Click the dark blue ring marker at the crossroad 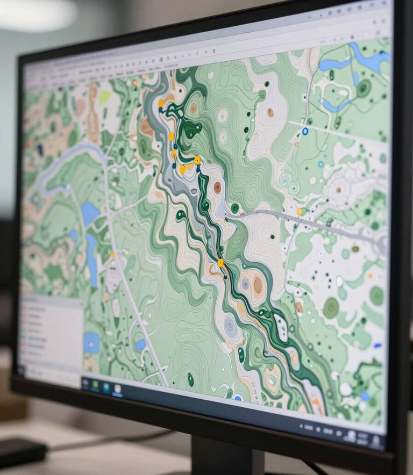(305, 131)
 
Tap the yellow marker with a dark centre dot (197, 160)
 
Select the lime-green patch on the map (104, 97)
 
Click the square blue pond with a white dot (91, 342)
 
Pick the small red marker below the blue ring (296, 144)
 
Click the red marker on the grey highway (242, 214)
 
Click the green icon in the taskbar (95, 385)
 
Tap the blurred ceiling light (38, 13)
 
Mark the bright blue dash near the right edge (378, 346)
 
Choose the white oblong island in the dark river (281, 327)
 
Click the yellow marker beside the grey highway (300, 211)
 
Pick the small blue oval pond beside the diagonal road (140, 344)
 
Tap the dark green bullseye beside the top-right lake (364, 88)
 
